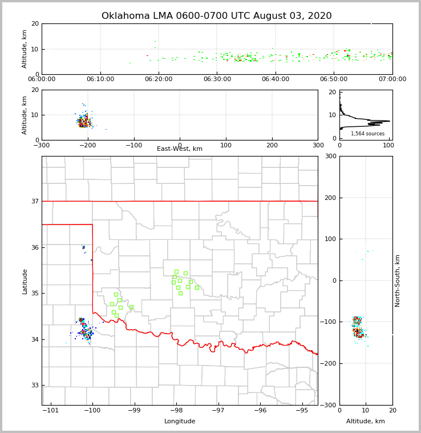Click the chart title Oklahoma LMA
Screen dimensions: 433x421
click(216, 16)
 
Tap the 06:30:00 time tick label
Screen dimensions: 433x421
click(217, 79)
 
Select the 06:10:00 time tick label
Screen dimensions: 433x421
click(100, 79)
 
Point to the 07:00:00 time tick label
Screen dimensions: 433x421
click(392, 79)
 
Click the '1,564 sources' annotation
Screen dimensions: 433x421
click(367, 134)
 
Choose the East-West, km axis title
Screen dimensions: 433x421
click(180, 149)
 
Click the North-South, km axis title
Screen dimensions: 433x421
click(398, 280)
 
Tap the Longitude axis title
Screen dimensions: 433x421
click(180, 422)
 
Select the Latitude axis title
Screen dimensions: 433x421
click(25, 281)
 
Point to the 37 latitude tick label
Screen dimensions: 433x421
click(35, 201)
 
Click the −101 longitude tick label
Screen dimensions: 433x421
click(50, 411)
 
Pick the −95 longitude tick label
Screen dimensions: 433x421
click(302, 411)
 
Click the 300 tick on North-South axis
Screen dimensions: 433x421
click(329, 156)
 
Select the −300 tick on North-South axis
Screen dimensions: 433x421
click(327, 405)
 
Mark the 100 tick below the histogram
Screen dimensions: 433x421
click(388, 145)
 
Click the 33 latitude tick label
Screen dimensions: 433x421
click(35, 385)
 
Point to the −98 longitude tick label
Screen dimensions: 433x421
click(176, 411)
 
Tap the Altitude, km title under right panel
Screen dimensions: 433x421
click(366, 422)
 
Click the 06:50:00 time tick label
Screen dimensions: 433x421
click(334, 79)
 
